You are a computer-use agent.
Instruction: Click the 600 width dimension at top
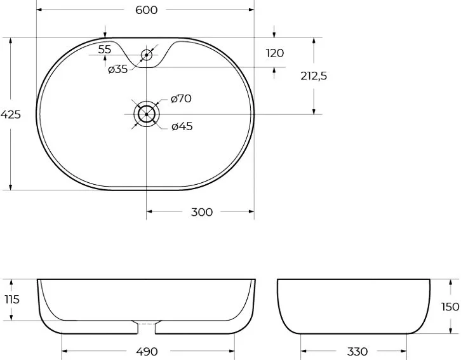tap(147, 10)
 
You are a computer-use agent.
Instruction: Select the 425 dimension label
tap(11, 114)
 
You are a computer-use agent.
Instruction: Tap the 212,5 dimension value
tap(314, 76)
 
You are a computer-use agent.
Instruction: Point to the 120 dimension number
tap(275, 53)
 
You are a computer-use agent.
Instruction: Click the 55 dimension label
tap(105, 50)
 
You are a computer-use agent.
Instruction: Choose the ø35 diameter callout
tap(118, 69)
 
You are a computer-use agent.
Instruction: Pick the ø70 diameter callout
tap(181, 98)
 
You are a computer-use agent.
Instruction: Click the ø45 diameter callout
tap(182, 126)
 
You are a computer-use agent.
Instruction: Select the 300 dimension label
tap(202, 212)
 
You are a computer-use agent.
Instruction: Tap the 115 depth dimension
tap(12, 300)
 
